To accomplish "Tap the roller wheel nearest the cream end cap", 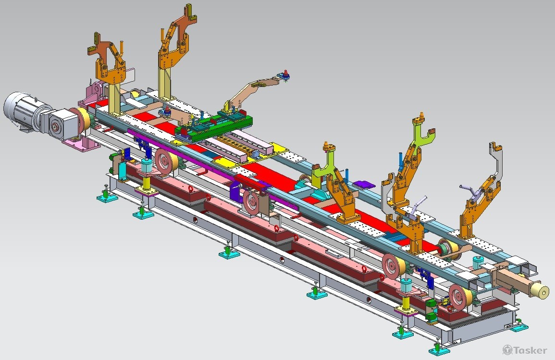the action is click(x=461, y=296).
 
